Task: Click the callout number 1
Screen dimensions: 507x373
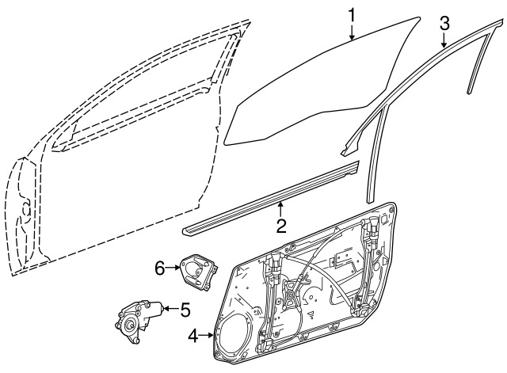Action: (352, 15)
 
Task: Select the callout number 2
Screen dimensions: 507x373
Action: (281, 226)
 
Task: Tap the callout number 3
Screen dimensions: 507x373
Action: (444, 24)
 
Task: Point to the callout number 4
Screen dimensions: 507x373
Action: (193, 336)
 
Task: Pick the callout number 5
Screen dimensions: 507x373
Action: (185, 310)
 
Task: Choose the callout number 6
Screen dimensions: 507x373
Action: (160, 268)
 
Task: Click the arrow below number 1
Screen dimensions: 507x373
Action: (352, 32)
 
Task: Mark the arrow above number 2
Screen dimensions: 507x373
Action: (281, 209)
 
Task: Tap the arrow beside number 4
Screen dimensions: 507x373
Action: (206, 336)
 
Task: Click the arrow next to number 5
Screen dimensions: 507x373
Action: (171, 309)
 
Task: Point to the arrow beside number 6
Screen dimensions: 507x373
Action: (173, 268)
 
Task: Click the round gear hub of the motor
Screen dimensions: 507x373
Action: (131, 324)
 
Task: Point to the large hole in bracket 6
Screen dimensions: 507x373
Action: (193, 269)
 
